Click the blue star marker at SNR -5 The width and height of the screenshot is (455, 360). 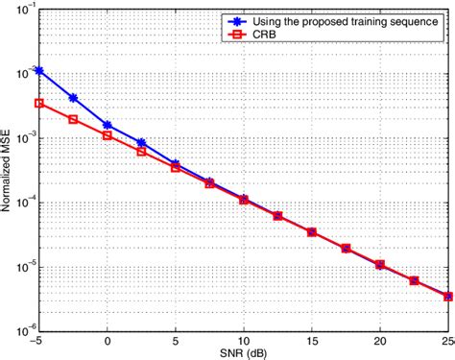[38, 70]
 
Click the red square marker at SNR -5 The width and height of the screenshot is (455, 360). [38, 103]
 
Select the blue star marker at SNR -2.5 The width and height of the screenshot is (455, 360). [73, 97]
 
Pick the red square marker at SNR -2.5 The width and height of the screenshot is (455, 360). [73, 119]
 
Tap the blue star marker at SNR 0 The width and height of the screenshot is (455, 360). [108, 125]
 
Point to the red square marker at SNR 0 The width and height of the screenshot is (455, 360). [108, 135]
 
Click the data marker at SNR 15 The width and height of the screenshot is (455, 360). [312, 231]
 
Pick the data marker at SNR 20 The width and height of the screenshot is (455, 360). [380, 264]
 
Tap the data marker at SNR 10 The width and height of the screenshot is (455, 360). [244, 200]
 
